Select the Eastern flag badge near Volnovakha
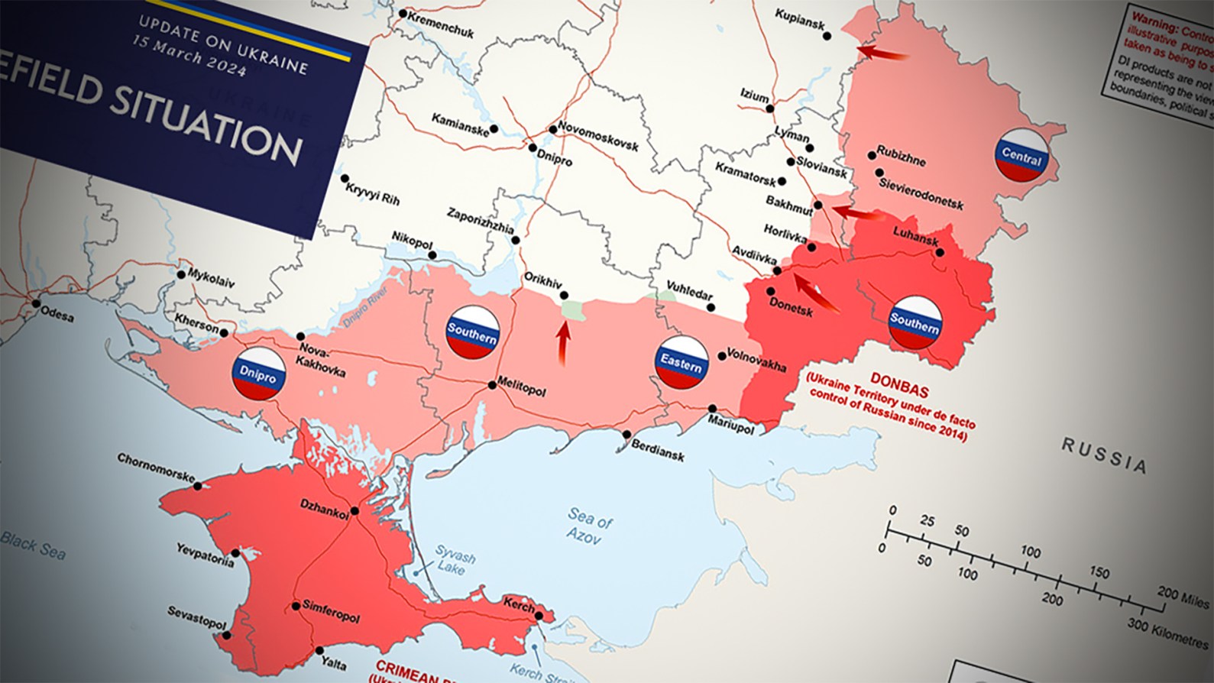click(681, 362)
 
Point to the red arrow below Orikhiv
click(564, 345)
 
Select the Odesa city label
click(57, 312)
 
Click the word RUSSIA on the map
click(1105, 454)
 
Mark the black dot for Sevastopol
click(225, 634)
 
